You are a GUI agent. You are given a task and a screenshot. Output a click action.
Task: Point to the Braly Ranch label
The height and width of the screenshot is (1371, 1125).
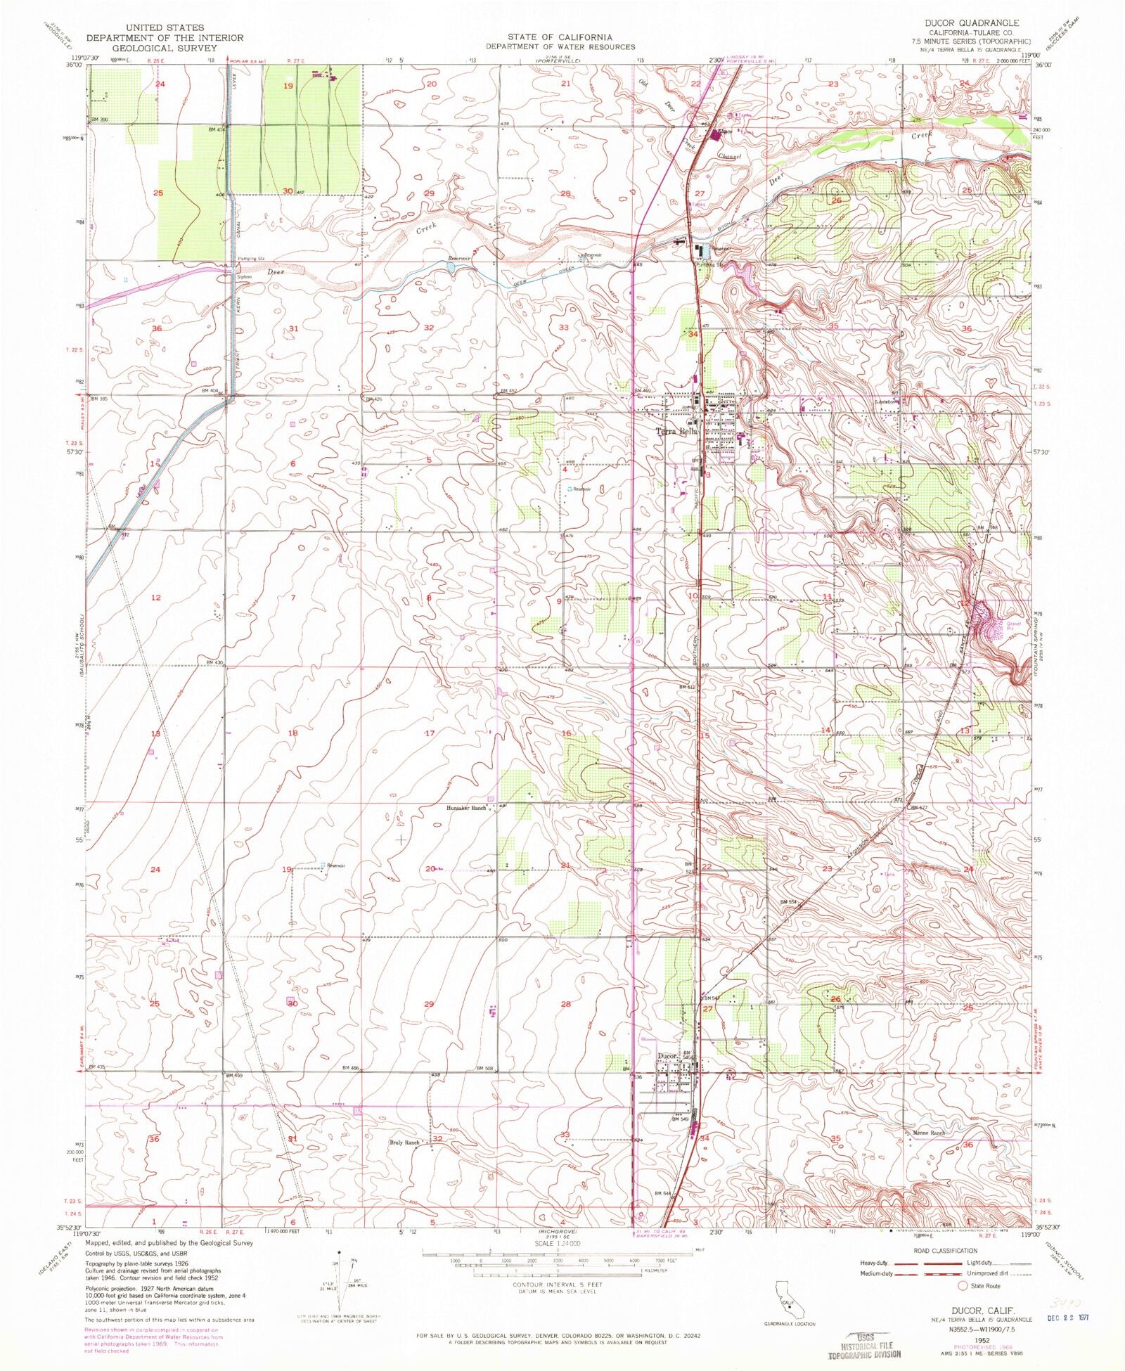click(404, 1143)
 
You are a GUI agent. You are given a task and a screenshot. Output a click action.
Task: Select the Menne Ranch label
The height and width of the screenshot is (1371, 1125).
click(929, 1133)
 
